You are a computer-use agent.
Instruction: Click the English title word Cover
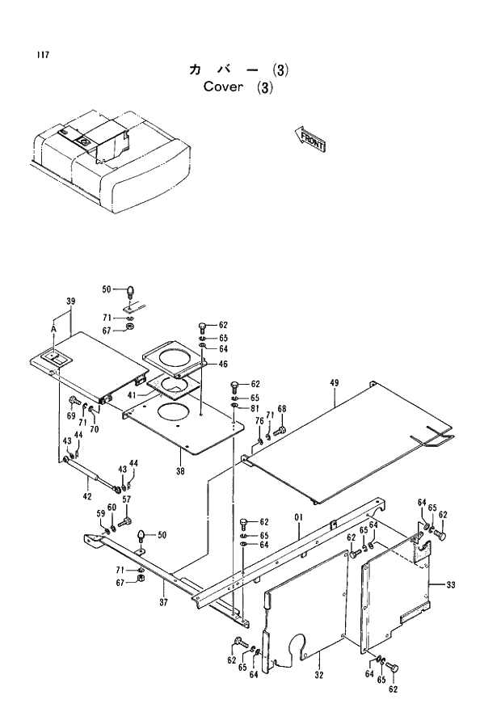click(x=224, y=87)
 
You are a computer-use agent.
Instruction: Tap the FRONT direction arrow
click(x=311, y=141)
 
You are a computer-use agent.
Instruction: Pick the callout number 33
click(x=450, y=584)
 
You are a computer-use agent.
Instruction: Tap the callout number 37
click(x=162, y=601)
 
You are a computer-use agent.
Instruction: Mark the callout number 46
click(x=223, y=365)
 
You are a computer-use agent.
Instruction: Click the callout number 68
click(x=281, y=408)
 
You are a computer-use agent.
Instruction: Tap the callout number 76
click(x=259, y=420)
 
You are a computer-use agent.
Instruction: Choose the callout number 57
click(x=126, y=499)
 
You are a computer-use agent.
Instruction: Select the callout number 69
click(x=71, y=415)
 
